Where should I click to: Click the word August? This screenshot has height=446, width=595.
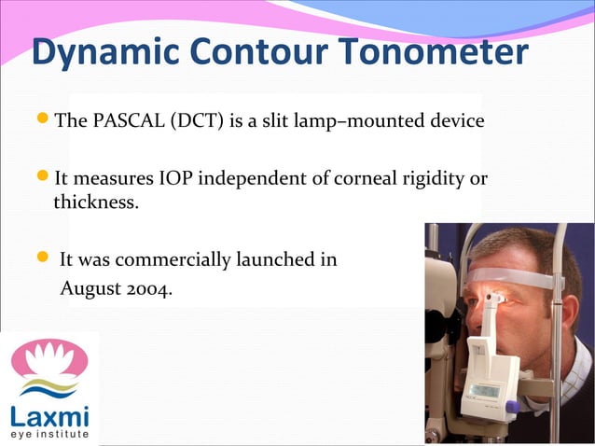coord(90,289)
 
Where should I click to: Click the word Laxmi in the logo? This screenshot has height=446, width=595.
coord(48,413)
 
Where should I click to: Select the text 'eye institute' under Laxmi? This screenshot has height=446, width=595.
coord(48,434)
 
